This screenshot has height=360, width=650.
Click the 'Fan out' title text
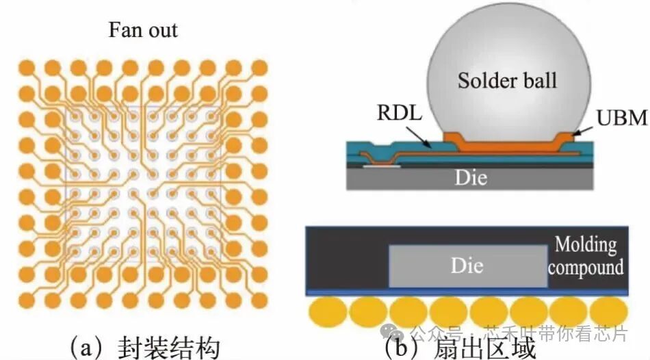[143, 30]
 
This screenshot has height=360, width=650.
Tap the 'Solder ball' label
[507, 80]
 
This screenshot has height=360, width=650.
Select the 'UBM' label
[622, 118]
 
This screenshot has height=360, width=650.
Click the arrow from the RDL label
[419, 138]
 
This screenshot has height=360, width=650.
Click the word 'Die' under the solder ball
[471, 177]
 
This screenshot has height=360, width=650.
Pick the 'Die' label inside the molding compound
[467, 266]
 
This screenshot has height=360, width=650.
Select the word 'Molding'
[586, 245]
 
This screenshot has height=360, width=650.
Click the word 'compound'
[586, 268]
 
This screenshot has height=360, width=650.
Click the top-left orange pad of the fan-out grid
[27, 68]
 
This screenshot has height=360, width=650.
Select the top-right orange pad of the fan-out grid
[259, 68]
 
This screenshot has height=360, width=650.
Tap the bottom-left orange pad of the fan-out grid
[27, 300]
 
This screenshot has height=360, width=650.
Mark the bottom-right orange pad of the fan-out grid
[259, 300]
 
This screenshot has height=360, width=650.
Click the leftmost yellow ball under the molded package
[328, 312]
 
